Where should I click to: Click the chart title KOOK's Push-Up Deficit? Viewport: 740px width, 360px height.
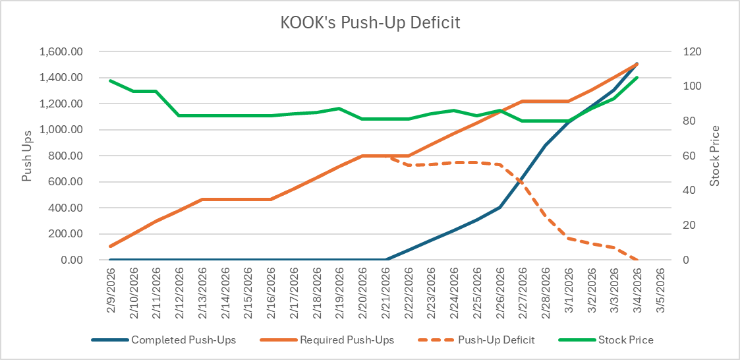coord(370,22)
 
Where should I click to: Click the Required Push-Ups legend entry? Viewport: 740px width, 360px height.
coord(347,340)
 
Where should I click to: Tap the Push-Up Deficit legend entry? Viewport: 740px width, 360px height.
coord(497,340)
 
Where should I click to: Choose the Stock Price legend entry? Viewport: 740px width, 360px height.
coord(625,340)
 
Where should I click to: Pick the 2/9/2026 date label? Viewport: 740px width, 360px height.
coord(111,291)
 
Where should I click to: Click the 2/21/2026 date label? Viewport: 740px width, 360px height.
coord(385,291)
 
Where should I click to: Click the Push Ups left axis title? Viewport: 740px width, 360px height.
coord(27,156)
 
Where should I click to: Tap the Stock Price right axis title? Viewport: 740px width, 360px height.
coord(716,156)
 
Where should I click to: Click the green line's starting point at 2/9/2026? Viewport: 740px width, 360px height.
coord(111,80)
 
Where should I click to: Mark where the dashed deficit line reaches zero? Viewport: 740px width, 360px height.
coord(637,260)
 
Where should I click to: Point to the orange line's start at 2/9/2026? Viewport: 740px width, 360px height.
coord(111,246)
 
